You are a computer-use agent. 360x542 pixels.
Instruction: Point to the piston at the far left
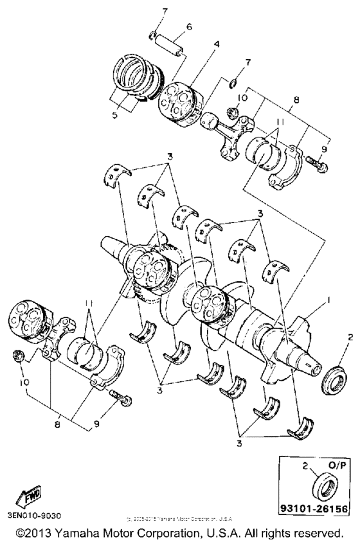28,320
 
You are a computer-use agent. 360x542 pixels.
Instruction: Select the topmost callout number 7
147,12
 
